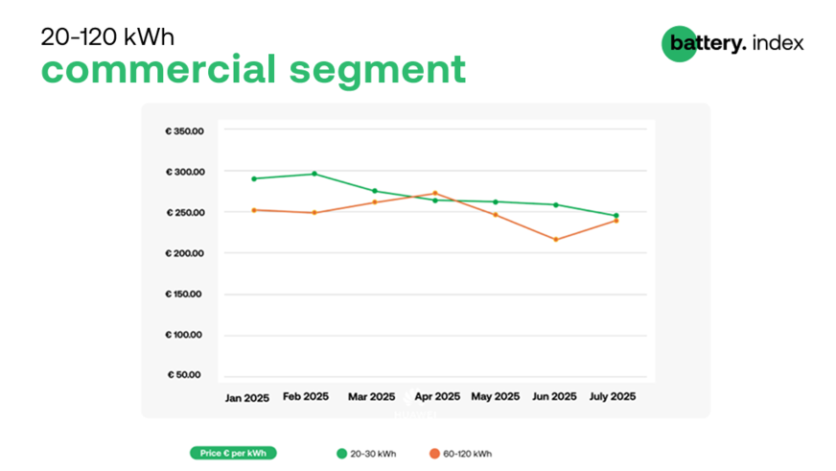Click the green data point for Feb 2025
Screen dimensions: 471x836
tap(314, 174)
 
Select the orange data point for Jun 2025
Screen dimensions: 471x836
tap(556, 239)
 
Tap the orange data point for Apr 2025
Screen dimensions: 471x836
tap(435, 193)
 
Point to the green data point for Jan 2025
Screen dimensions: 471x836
tap(254, 178)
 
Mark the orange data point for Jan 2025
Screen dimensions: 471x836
tap(254, 210)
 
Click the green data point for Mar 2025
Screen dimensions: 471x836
tap(375, 191)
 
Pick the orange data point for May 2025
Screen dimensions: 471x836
tap(496, 215)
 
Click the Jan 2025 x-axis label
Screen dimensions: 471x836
tap(247, 397)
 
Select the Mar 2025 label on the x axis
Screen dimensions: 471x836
tap(371, 396)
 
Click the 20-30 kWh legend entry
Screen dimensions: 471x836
tap(366, 454)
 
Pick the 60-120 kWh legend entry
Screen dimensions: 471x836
tap(462, 454)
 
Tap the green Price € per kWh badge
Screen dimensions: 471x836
tap(233, 454)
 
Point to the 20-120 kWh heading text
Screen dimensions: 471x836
tap(107, 37)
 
